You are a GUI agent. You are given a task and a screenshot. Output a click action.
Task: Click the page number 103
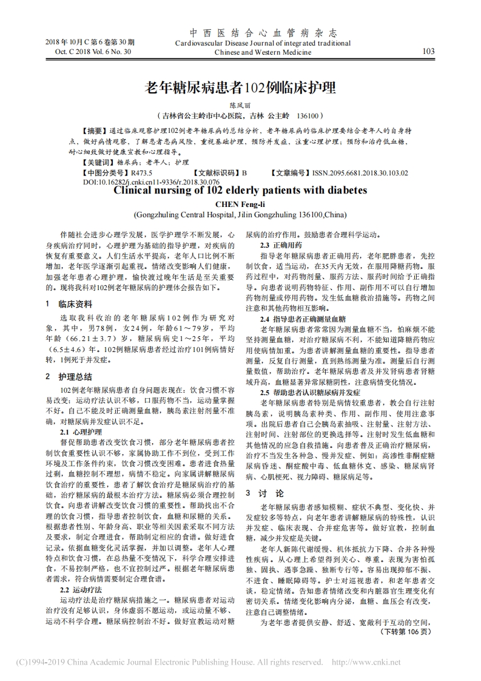(x=428, y=52)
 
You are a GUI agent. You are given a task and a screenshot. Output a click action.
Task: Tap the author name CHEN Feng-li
(x=240, y=205)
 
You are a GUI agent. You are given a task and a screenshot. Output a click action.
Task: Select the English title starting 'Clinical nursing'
(x=240, y=190)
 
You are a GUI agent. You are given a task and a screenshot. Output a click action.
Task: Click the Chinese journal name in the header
(x=263, y=33)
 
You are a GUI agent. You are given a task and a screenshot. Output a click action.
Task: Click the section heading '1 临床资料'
(x=69, y=303)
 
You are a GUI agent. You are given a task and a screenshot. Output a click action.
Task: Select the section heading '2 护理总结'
(x=69, y=376)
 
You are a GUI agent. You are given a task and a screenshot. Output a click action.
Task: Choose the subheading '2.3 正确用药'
(x=277, y=245)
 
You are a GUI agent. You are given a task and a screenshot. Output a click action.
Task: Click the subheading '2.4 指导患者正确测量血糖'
(x=303, y=318)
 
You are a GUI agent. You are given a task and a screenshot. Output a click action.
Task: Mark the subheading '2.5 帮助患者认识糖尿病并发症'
(x=310, y=392)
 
